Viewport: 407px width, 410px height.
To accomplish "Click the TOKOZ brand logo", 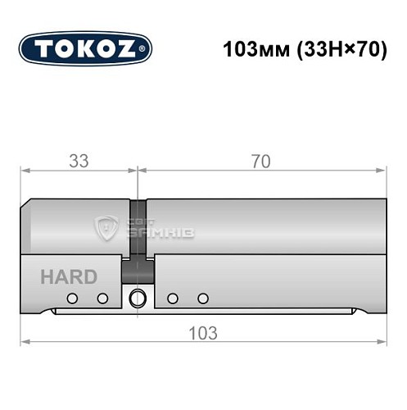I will point(85,48).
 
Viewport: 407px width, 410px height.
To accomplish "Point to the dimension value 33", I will point(79,162).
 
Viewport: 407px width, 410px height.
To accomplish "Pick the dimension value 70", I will point(260,162).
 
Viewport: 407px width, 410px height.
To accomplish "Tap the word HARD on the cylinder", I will point(68,277).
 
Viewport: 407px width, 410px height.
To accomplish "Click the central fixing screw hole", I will point(137,298).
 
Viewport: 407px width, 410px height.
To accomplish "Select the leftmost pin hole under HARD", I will point(72,298).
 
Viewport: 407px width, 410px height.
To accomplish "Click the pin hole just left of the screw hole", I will point(102,298).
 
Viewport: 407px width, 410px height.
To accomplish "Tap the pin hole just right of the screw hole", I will point(172,298).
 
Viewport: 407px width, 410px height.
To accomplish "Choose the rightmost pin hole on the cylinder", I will point(203,298).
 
